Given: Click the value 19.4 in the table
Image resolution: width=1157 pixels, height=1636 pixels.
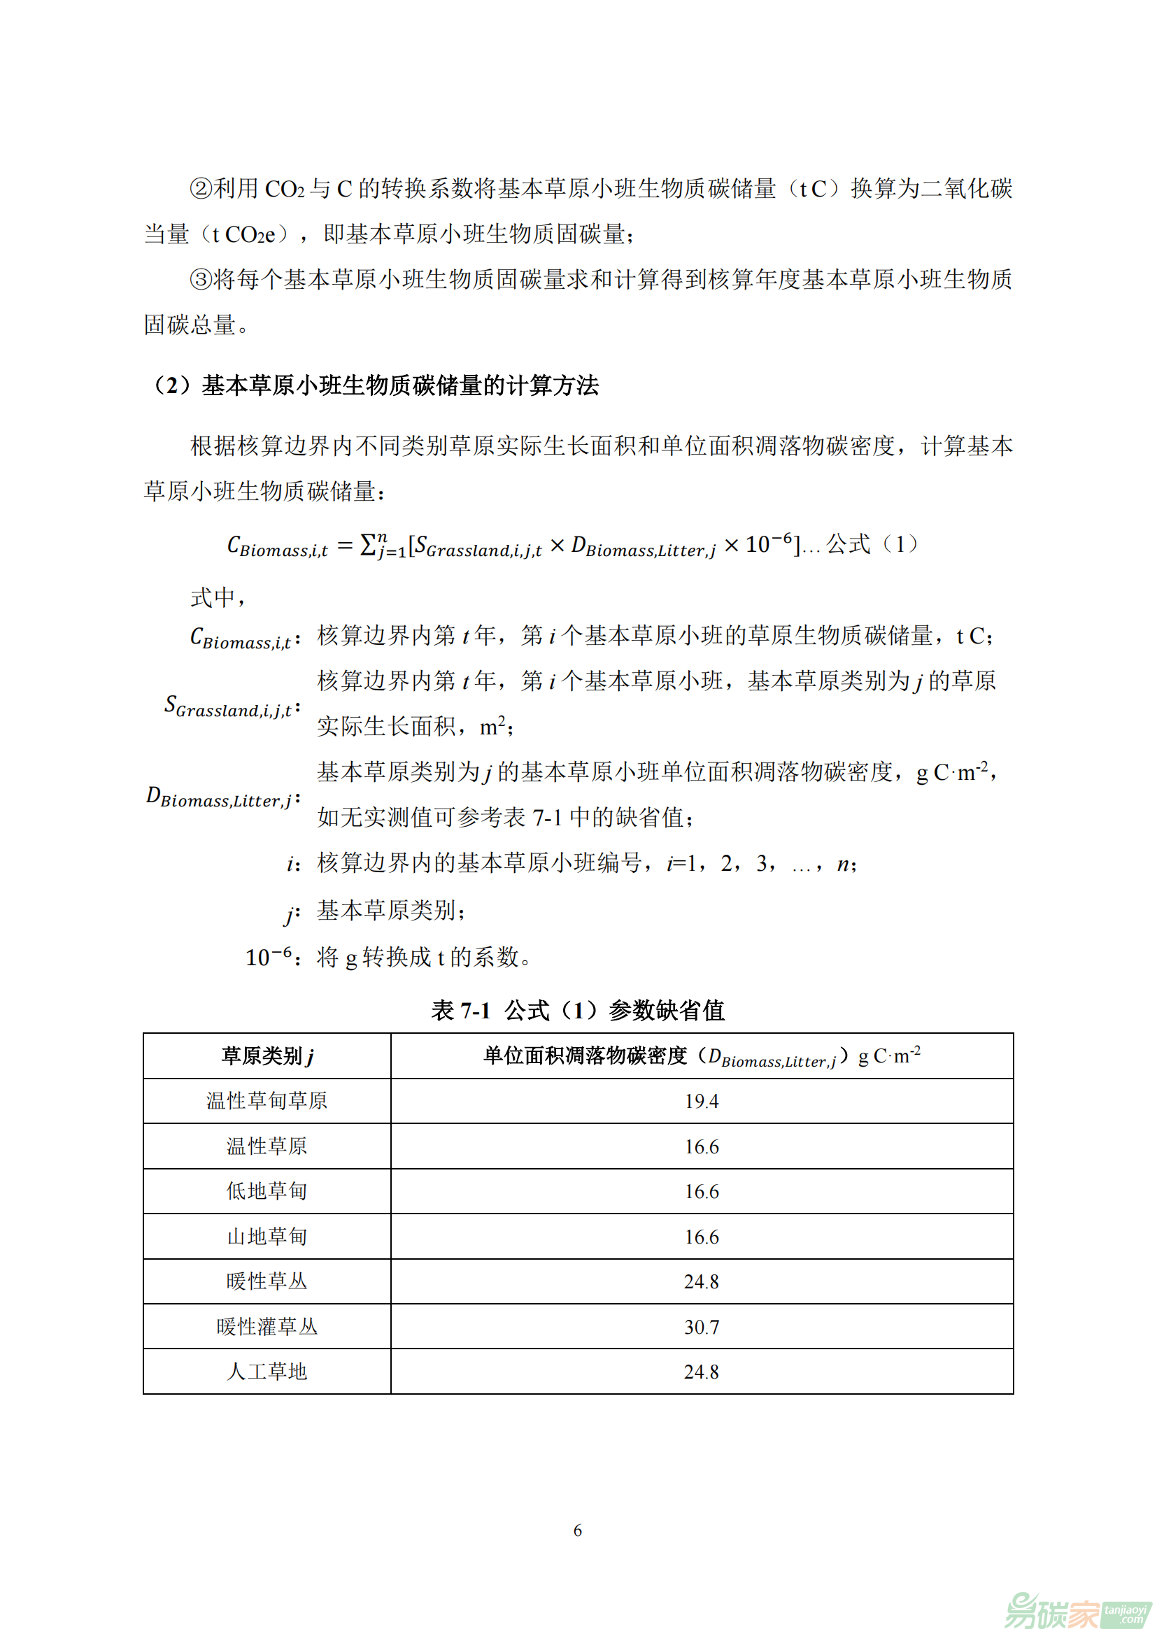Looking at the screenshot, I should [x=701, y=1102].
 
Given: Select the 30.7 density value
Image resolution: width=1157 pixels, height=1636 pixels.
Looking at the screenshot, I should [x=701, y=1327].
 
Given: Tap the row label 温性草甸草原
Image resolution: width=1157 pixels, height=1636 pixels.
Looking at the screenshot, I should [x=267, y=1102].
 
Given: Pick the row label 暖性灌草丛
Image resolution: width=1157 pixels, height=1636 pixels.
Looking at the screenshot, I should [x=267, y=1327].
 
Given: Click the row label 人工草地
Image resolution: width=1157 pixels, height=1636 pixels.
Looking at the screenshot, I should [x=267, y=1372].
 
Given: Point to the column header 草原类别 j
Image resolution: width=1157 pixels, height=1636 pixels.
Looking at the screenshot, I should [x=267, y=1056].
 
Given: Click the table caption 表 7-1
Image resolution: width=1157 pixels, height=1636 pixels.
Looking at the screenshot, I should [x=460, y=1011].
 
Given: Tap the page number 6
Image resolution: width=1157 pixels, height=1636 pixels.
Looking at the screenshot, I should [x=578, y=1530].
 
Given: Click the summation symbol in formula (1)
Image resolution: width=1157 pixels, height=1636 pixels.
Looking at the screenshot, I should [x=369, y=545].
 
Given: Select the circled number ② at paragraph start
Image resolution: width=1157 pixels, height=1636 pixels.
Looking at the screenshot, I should [x=201, y=189].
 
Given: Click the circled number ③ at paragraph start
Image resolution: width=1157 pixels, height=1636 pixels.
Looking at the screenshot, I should [x=201, y=279].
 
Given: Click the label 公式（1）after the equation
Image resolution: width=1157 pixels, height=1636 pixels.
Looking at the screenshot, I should [x=872, y=544].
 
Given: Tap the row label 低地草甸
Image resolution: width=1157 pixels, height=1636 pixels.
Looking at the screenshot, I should [x=267, y=1191].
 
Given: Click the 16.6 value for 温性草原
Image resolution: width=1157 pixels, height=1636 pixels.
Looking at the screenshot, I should [x=701, y=1146].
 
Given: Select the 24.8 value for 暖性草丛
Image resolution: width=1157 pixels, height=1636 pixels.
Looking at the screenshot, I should [x=701, y=1282].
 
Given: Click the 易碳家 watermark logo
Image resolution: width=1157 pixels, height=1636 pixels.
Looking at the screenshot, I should [x=1076, y=1609].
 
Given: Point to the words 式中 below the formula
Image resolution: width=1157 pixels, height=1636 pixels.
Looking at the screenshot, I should [x=213, y=597].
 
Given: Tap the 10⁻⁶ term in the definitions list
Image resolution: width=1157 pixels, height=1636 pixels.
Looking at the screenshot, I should [x=269, y=957].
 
